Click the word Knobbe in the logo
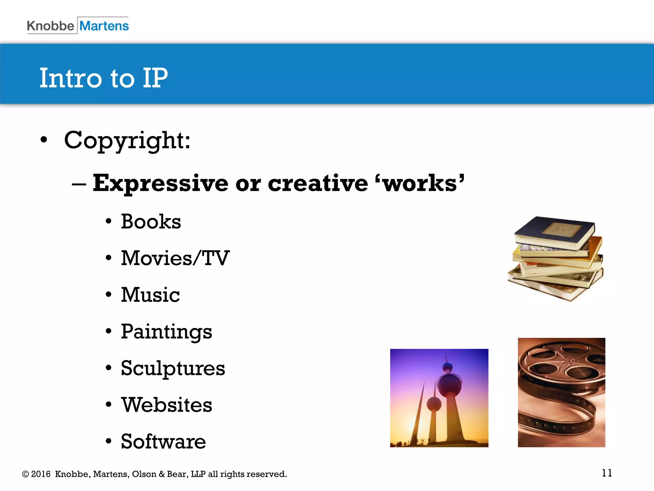click(x=50, y=26)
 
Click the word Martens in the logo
click(x=104, y=26)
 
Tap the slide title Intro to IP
click(x=103, y=78)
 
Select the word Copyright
click(x=127, y=140)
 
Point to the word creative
click(x=318, y=183)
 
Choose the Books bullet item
click(x=151, y=222)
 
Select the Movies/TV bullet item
click(x=175, y=258)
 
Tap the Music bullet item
click(x=150, y=295)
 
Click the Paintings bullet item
click(x=166, y=331)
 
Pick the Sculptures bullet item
click(x=173, y=368)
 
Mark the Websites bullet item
click(x=166, y=405)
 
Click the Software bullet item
click(x=163, y=441)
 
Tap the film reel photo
click(x=561, y=392)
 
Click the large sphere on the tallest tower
click(x=450, y=385)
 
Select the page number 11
click(x=607, y=473)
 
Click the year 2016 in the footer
click(x=41, y=474)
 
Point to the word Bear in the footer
click(x=176, y=474)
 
